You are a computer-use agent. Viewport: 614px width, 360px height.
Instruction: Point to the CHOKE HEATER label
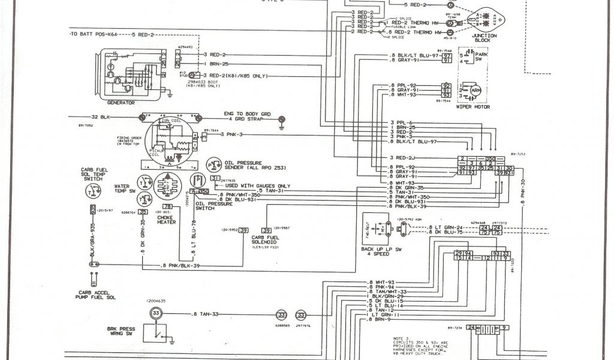click(x=166, y=220)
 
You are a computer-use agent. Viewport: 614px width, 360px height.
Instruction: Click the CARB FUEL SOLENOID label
click(x=267, y=241)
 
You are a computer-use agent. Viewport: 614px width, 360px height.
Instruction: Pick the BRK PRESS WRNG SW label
click(x=122, y=332)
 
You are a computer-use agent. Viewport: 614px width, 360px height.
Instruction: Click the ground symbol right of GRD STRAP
click(x=282, y=125)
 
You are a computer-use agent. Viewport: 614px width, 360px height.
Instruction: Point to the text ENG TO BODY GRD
click(x=246, y=113)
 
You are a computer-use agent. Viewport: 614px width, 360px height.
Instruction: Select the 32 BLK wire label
click(x=99, y=117)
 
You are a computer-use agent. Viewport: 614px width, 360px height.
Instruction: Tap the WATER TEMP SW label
click(x=121, y=189)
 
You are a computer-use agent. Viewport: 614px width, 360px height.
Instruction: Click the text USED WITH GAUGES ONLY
click(x=258, y=186)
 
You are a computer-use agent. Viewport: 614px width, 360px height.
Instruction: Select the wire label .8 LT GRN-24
click(x=446, y=227)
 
